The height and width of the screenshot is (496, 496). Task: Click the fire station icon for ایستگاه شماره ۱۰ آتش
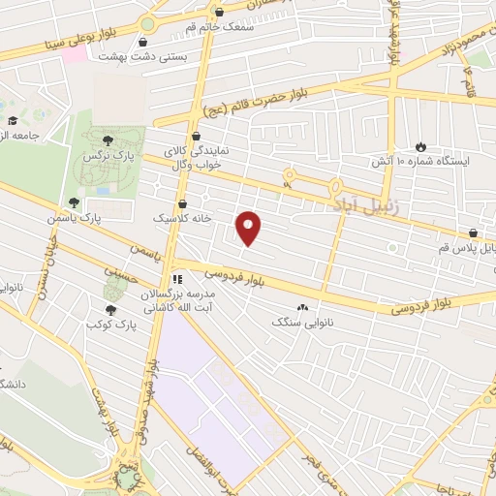[420, 145]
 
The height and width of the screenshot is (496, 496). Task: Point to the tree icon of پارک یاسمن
[74, 201]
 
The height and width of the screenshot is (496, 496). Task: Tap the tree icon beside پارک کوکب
[112, 310]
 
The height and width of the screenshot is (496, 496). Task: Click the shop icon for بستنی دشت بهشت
[144, 43]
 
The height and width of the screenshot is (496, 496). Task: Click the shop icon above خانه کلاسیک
[184, 204]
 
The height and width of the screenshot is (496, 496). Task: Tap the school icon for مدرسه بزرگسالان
[177, 279]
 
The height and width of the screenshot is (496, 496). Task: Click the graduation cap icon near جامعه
[12, 121]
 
